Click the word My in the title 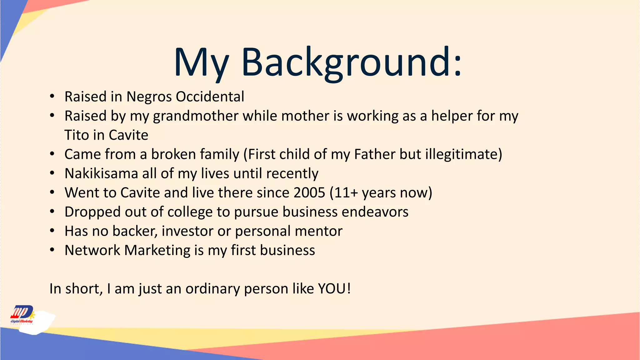[x=202, y=62]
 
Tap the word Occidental [x=210, y=97]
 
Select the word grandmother [x=196, y=116]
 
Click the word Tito [x=77, y=135]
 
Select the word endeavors [x=375, y=212]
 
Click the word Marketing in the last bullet [x=157, y=251]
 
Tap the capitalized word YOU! [x=334, y=289]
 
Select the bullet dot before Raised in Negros [x=52, y=97]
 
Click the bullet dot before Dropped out [x=52, y=212]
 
